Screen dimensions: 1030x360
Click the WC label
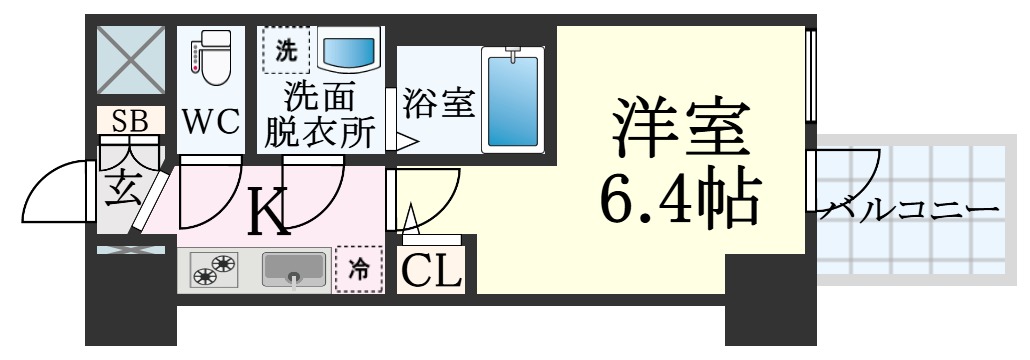click(211, 123)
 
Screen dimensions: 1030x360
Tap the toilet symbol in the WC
click(210, 57)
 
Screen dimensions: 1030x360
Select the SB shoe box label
click(130, 121)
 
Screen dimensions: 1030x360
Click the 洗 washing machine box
click(287, 50)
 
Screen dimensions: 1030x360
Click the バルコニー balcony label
click(910, 210)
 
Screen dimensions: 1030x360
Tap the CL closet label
click(432, 270)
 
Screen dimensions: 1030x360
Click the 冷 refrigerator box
click(358, 268)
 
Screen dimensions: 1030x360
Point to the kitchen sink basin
click(294, 268)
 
